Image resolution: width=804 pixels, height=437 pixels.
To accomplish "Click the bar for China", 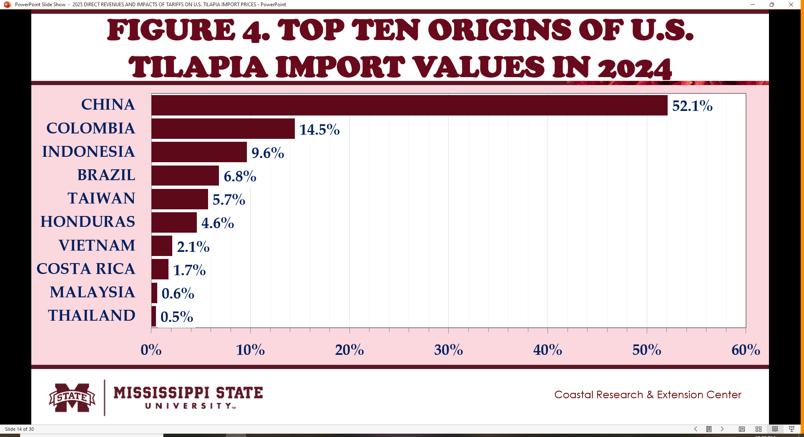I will [409, 105].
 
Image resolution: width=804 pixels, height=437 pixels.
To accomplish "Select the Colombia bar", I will [223, 128].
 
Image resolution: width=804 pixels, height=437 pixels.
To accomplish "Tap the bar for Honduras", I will [174, 222].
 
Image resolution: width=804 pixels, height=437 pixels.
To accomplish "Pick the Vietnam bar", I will [162, 246].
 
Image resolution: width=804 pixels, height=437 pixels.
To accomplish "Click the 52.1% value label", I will [692, 106].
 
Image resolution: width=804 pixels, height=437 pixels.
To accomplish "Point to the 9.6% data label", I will [268, 153].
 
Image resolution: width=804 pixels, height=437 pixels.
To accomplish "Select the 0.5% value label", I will [177, 317].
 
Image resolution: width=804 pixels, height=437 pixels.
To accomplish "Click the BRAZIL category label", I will [106, 175].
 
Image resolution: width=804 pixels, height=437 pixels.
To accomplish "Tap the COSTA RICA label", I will [86, 269].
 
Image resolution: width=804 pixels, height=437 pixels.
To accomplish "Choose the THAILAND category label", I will [92, 316].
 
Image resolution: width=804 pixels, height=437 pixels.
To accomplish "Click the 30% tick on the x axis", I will [448, 350].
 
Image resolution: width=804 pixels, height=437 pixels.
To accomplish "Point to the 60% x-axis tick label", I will [746, 350].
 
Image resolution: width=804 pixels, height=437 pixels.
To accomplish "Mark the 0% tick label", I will [151, 350].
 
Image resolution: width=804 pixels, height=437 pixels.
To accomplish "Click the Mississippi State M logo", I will [72, 397].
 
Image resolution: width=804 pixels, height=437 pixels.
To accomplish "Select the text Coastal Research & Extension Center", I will [648, 395].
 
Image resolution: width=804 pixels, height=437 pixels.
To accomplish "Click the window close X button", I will [791, 5].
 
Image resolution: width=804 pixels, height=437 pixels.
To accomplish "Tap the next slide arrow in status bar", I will [722, 429].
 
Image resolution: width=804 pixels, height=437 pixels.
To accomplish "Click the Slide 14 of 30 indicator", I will [19, 429].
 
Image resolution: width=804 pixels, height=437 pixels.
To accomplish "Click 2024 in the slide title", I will [634, 68].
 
